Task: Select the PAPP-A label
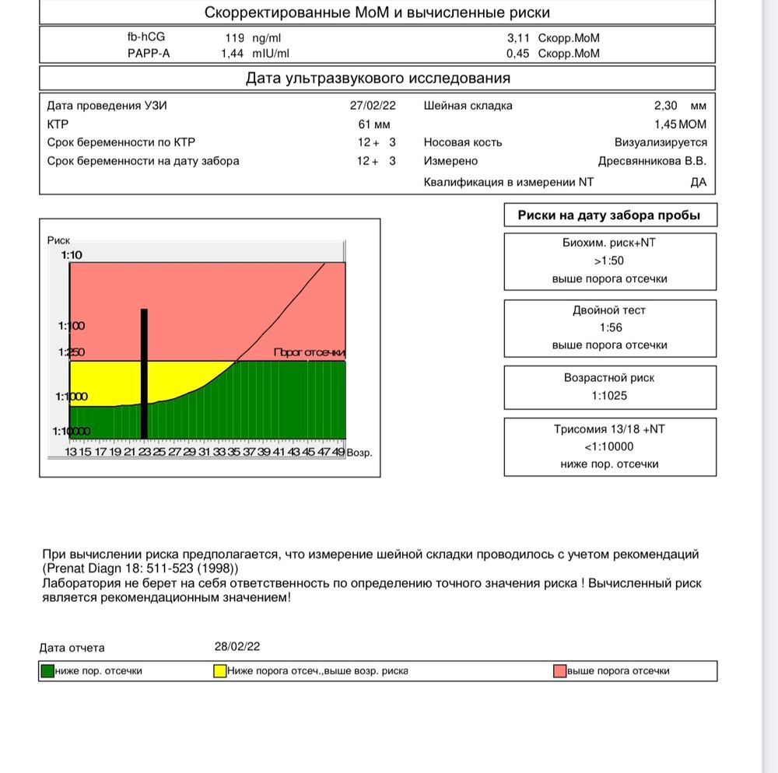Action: click(x=149, y=54)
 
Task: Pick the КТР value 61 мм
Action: click(x=374, y=124)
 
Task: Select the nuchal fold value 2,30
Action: click(x=666, y=106)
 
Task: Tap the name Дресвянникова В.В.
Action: click(x=652, y=161)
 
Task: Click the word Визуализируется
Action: click(x=661, y=142)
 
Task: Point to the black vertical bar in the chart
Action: click(x=144, y=373)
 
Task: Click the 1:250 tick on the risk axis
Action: click(x=71, y=352)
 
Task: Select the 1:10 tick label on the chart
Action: click(x=71, y=255)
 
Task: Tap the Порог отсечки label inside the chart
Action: click(x=309, y=352)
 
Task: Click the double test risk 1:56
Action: click(x=610, y=327)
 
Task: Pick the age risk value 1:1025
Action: click(x=610, y=395)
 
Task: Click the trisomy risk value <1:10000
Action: click(x=609, y=446)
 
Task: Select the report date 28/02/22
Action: click(x=237, y=646)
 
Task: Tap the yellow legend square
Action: click(x=221, y=670)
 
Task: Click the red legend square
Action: click(x=559, y=670)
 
